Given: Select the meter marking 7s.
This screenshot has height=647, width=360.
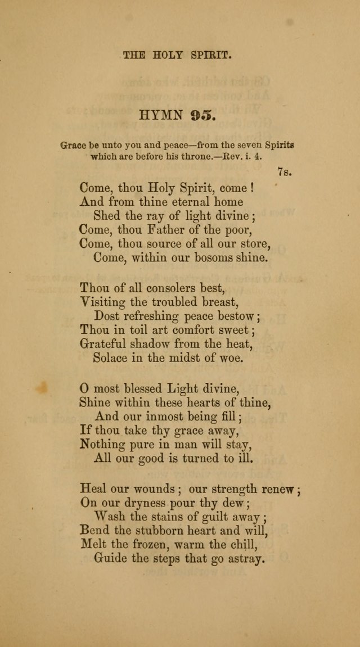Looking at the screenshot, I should click(285, 172).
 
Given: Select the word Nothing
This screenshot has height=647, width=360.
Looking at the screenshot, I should click(103, 444).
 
